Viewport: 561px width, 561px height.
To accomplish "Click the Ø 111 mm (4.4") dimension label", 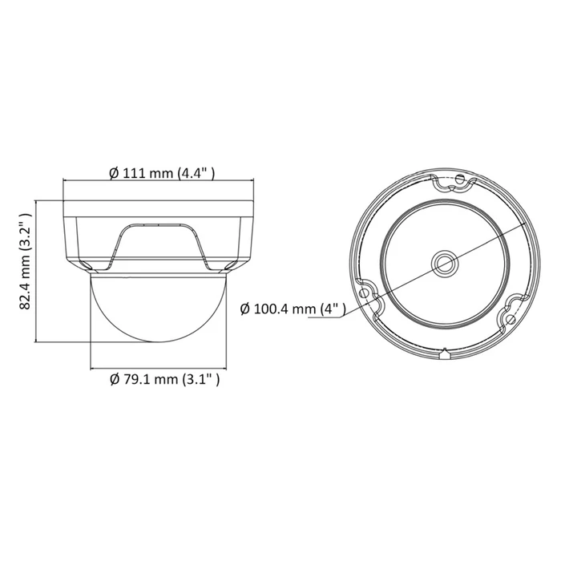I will (x=163, y=172).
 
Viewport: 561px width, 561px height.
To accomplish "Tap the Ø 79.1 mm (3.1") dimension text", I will (x=163, y=379).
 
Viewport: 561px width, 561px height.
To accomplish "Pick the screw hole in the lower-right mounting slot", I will (x=510, y=319).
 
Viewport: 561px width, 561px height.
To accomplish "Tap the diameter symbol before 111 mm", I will (x=113, y=172).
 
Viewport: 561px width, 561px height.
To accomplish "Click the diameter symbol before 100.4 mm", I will (x=245, y=309).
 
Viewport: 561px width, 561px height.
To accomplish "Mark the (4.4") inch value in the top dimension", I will (x=198, y=172).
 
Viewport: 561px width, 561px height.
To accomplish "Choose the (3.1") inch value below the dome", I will (x=200, y=379).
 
